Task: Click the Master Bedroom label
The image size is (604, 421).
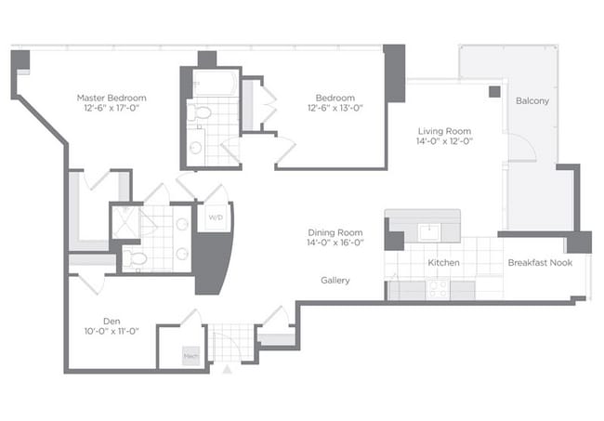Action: click(112, 98)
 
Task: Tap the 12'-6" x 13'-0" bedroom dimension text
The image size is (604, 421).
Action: click(335, 109)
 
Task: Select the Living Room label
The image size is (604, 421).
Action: click(444, 131)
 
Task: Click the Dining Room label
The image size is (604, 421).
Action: click(335, 231)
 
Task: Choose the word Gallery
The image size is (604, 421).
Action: click(335, 280)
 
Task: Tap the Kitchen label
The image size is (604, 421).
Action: click(443, 263)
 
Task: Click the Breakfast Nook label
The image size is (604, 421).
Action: click(540, 263)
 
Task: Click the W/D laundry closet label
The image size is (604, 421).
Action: click(216, 218)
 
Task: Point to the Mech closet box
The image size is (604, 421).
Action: click(190, 354)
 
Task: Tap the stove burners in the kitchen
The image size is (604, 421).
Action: click(437, 288)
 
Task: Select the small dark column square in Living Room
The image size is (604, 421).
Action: click(494, 91)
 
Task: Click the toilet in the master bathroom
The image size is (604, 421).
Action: click(136, 257)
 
